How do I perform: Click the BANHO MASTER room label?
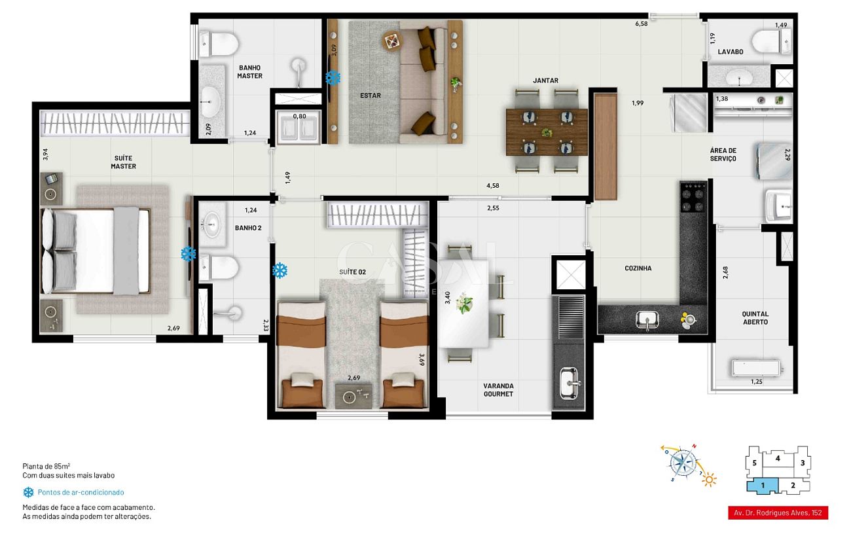coord(249,72)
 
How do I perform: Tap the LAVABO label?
coord(730,52)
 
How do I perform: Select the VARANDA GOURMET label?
coord(498,390)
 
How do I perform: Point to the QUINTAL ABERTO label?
coord(755,318)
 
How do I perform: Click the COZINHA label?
coord(638,268)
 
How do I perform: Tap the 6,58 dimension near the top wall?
coord(642,24)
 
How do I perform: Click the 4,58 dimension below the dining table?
coord(493,186)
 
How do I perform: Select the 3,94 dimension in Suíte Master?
coord(45,154)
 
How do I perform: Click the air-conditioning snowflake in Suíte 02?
coord(280,270)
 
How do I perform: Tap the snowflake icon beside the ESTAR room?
coord(333,77)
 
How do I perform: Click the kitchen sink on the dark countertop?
coord(647,320)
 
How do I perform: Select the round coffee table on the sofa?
coord(392,41)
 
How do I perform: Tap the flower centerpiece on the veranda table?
coord(464,303)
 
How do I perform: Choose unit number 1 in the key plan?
coord(763,486)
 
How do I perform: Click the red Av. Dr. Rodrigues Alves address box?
coord(778,513)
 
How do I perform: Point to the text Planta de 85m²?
coord(46,466)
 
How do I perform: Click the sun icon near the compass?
coord(709,480)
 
